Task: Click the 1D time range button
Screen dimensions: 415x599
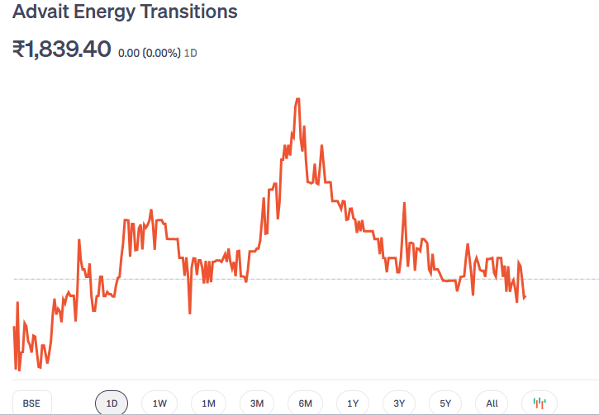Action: pyautogui.click(x=112, y=403)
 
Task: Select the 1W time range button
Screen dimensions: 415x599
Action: pyautogui.click(x=159, y=403)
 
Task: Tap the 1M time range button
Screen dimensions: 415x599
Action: pyautogui.click(x=208, y=403)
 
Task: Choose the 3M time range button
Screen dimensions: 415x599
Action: pyautogui.click(x=257, y=403)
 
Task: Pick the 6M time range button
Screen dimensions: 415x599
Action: pyautogui.click(x=305, y=403)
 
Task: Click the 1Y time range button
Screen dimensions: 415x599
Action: pyautogui.click(x=353, y=403)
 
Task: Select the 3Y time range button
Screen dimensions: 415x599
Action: pyautogui.click(x=399, y=403)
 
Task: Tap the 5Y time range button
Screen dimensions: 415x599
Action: pyautogui.click(x=445, y=403)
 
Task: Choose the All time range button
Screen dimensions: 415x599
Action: pyautogui.click(x=492, y=403)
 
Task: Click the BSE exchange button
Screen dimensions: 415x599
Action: pyautogui.click(x=31, y=403)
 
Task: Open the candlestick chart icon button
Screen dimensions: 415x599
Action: pyautogui.click(x=540, y=403)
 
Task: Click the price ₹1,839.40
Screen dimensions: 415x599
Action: pyautogui.click(x=61, y=50)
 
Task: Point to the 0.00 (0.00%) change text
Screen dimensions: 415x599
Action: pyautogui.click(x=150, y=53)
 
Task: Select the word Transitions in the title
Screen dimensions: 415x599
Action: pyautogui.click(x=190, y=12)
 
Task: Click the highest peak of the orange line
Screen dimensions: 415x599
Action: pyautogui.click(x=297, y=99)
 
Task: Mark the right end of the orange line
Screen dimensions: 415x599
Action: pyautogui.click(x=525, y=297)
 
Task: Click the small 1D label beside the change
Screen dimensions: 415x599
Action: pyautogui.click(x=190, y=53)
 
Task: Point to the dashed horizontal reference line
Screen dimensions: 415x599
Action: pyautogui.click(x=562, y=279)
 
